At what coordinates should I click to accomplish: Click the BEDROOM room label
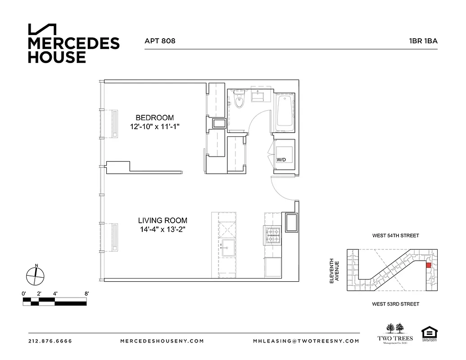(154, 118)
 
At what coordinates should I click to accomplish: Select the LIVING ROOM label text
(163, 220)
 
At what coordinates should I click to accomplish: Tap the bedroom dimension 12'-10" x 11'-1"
(154, 127)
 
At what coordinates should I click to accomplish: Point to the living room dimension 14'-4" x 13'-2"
(163, 229)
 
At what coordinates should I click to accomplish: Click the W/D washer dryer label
(281, 159)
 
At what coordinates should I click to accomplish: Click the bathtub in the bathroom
(284, 111)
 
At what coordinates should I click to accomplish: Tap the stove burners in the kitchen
(272, 234)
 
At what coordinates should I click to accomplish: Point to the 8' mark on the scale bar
(86, 294)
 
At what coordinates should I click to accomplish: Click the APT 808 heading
(160, 41)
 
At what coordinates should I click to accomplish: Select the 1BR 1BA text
(423, 41)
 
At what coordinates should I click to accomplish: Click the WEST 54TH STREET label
(395, 235)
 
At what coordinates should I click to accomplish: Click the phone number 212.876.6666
(50, 341)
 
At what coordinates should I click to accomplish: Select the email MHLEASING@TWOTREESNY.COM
(306, 341)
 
